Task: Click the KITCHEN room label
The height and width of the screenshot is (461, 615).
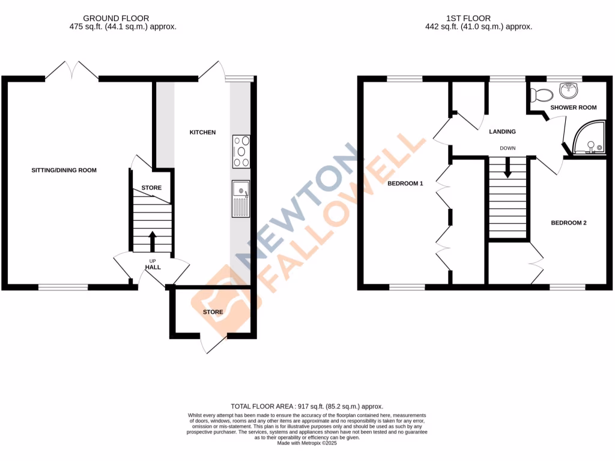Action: click(202, 132)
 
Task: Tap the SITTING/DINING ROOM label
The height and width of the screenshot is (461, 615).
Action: click(64, 170)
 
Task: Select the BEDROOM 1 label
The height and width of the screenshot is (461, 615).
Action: click(405, 183)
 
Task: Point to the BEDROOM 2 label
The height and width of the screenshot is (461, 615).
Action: click(568, 223)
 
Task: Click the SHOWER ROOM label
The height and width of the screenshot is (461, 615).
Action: click(574, 107)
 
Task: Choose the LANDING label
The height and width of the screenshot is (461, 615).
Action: click(502, 131)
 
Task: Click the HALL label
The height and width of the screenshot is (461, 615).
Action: click(153, 267)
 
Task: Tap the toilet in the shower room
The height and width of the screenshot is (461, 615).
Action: click(542, 95)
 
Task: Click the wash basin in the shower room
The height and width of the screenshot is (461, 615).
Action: click(568, 91)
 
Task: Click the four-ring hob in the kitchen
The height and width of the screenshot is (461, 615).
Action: click(241, 151)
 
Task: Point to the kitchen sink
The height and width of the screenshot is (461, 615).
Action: click(241, 197)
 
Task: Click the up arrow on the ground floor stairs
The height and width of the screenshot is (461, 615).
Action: click(151, 240)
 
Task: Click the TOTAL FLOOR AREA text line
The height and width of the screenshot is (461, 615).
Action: click(307, 406)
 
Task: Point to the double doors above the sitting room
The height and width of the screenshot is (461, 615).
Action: click(72, 70)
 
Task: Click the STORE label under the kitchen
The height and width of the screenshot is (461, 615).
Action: click(213, 312)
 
